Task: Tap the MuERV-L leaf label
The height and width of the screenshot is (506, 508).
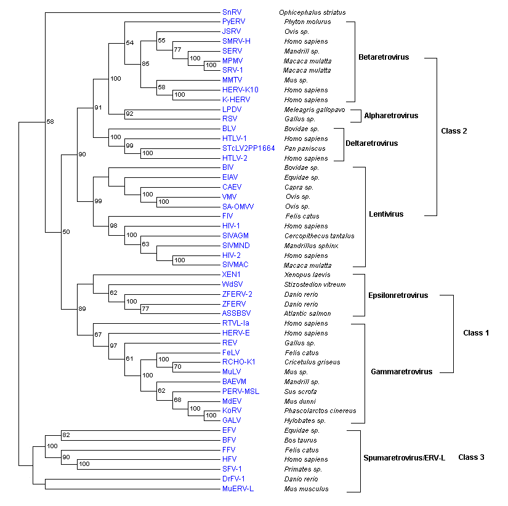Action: pyautogui.click(x=238, y=489)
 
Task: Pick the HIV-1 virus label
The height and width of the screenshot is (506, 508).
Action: pyautogui.click(x=232, y=226)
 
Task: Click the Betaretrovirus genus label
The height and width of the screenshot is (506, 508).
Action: pyautogui.click(x=384, y=57)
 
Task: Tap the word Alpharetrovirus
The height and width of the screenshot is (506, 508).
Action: pyautogui.click(x=391, y=115)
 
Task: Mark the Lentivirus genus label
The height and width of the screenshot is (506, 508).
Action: pyautogui.click(x=388, y=214)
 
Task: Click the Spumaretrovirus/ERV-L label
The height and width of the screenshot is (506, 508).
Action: pyautogui.click(x=404, y=457)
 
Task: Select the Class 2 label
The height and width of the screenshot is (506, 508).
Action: pyautogui.click(x=454, y=131)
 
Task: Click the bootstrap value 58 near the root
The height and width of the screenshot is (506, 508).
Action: pyautogui.click(x=50, y=121)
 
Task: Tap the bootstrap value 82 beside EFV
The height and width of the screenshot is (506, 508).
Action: pyautogui.click(x=67, y=435)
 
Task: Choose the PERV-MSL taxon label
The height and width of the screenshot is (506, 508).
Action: pyautogui.click(x=241, y=391)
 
